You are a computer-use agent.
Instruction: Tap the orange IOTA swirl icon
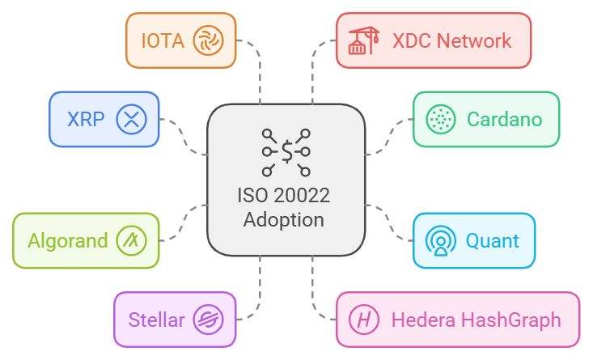pos(208,39)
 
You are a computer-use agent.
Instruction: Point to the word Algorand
pos(68,240)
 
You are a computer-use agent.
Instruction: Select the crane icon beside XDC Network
pos(364,40)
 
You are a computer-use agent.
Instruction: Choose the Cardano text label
pos(504,119)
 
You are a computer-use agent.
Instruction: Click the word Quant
pos(493,240)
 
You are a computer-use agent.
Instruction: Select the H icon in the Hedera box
pos(365,319)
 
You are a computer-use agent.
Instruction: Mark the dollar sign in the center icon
pos(286,150)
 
